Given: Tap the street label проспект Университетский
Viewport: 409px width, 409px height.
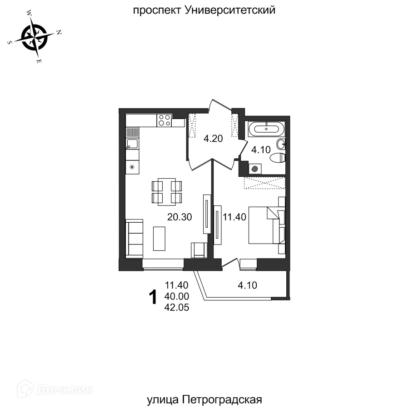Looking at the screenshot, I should click(204, 10).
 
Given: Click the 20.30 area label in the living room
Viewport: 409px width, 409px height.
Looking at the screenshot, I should click(180, 217).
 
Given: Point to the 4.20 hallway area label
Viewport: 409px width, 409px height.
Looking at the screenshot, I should click(213, 139).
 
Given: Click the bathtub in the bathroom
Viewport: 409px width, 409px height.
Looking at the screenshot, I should click(266, 129).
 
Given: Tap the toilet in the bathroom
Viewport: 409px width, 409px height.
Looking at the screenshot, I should click(277, 158).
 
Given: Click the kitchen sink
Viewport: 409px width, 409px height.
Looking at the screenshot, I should click(132, 145).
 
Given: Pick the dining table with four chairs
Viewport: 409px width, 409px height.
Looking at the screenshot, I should click(166, 192).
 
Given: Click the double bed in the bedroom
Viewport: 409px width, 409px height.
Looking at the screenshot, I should click(266, 225).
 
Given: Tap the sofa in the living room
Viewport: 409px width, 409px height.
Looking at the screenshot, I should click(135, 238).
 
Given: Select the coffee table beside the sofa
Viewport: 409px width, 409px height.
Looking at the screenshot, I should click(160, 238).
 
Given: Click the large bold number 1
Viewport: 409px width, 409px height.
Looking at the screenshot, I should click(154, 297).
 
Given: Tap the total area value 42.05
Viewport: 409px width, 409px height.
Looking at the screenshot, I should click(177, 308).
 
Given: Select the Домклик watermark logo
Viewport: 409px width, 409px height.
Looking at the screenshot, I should click(54, 389).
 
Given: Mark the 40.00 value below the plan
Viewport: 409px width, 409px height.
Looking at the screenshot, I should click(177, 297).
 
